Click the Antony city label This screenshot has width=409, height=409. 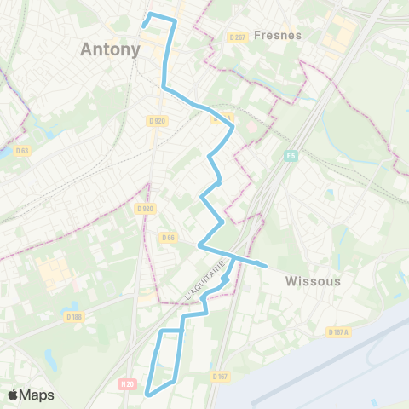110,49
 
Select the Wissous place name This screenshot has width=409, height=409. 313,280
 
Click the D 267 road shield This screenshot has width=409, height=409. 237,37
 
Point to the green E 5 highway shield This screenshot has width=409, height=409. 291,155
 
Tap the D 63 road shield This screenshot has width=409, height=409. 22,151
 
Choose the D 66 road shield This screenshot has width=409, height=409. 167,238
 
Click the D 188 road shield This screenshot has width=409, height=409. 74,317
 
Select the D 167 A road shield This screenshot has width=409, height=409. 337,332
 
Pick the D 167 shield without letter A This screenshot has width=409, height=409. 220,376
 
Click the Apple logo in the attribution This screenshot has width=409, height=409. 14,395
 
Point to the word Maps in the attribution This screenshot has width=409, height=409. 37,395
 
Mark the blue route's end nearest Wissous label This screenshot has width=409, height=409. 266,266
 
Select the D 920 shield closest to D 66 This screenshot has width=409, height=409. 144,208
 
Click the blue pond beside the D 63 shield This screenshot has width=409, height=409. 7,152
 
